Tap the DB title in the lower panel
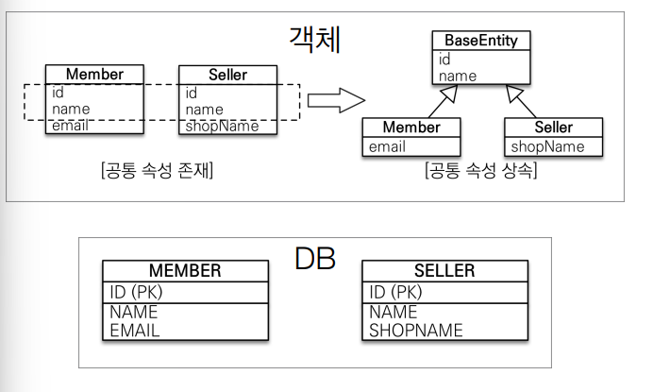click(x=314, y=259)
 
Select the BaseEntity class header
click(x=481, y=41)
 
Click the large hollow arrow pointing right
click(x=336, y=100)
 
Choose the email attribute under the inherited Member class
click(x=387, y=146)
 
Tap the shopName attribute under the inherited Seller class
click(x=546, y=146)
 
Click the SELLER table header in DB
click(x=444, y=271)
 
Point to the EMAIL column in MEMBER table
click(x=135, y=331)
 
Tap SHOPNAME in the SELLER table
click(x=416, y=331)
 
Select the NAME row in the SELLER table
click(x=394, y=313)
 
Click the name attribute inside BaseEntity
click(x=458, y=76)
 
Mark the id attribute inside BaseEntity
click(x=444, y=59)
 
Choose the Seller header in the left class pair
click(x=226, y=74)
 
